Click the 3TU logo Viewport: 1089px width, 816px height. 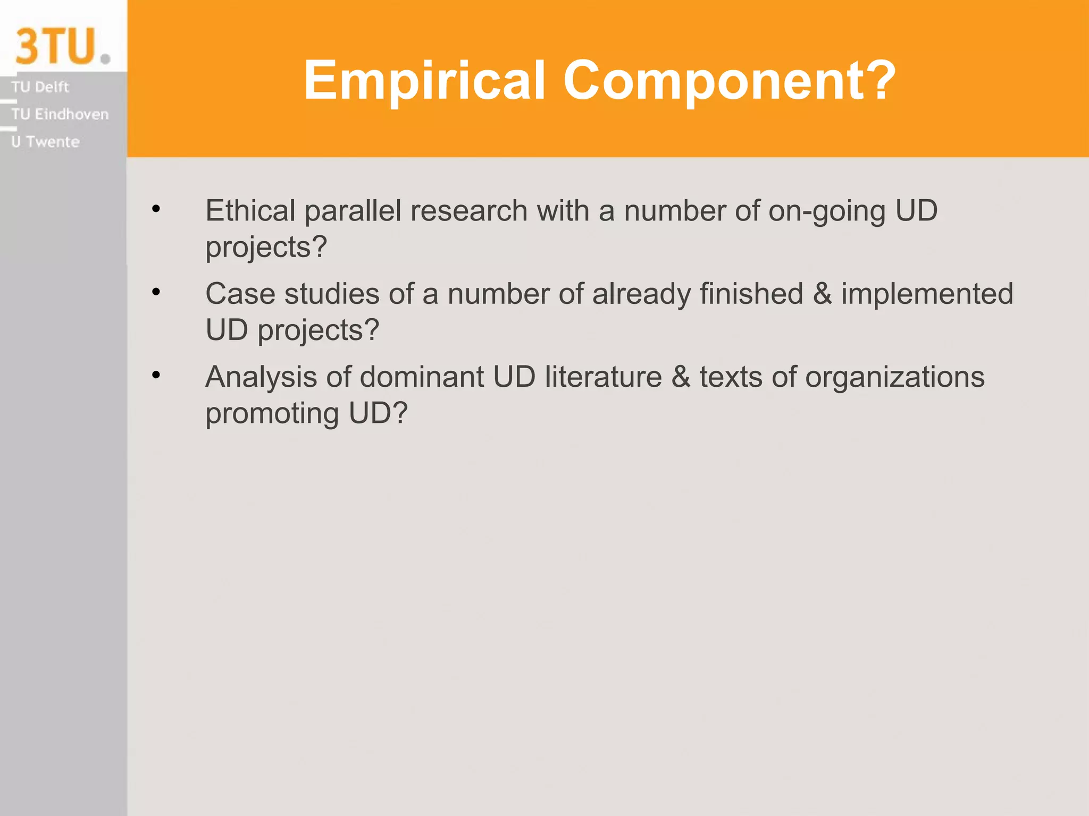pos(62,46)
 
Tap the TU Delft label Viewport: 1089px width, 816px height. pos(40,87)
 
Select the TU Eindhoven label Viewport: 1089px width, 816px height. pos(60,114)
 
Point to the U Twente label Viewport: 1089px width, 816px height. pos(45,142)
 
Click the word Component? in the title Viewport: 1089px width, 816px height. pos(729,80)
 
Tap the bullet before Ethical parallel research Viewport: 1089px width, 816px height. pos(156,209)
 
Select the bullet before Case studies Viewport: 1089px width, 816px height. pos(156,292)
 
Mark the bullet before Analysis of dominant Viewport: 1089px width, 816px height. pos(156,375)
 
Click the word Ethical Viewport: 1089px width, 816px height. pos(250,211)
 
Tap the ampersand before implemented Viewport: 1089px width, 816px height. pos(822,294)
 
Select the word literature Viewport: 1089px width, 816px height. pos(603,377)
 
